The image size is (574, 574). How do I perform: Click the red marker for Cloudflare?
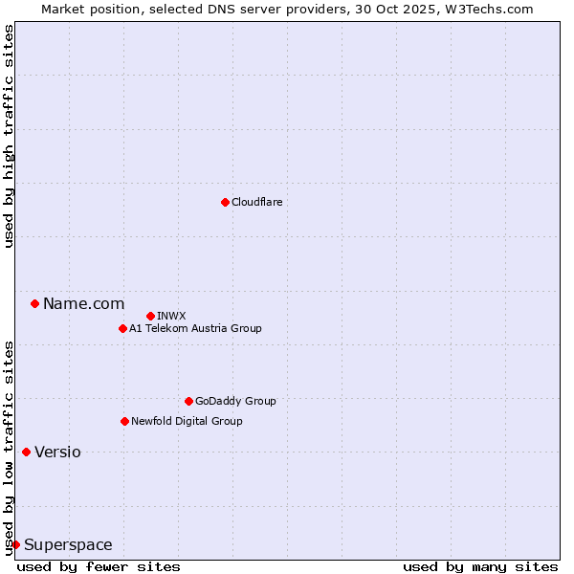click(225, 202)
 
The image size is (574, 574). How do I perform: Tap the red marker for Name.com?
click(34, 303)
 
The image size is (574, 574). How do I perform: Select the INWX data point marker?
click(150, 316)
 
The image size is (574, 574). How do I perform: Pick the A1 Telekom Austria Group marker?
click(122, 328)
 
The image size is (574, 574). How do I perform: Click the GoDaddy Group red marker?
click(188, 401)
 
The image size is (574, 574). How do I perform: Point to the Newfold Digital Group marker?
click(124, 421)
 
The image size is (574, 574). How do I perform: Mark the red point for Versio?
click(26, 452)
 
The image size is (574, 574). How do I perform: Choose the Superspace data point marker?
click(15, 544)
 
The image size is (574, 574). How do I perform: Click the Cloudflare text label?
click(256, 202)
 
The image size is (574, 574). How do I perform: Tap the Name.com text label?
click(83, 303)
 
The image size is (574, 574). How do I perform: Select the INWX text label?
click(171, 316)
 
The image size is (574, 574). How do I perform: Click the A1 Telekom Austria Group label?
click(195, 328)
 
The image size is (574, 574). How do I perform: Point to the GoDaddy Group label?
click(235, 401)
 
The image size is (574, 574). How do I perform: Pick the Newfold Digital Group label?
click(187, 421)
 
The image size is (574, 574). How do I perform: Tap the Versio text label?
click(57, 452)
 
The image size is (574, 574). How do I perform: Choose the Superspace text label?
click(68, 544)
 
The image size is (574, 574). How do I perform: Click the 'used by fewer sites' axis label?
click(99, 566)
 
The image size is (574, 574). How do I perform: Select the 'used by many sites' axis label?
click(480, 566)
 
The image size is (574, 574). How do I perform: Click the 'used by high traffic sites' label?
click(9, 136)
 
